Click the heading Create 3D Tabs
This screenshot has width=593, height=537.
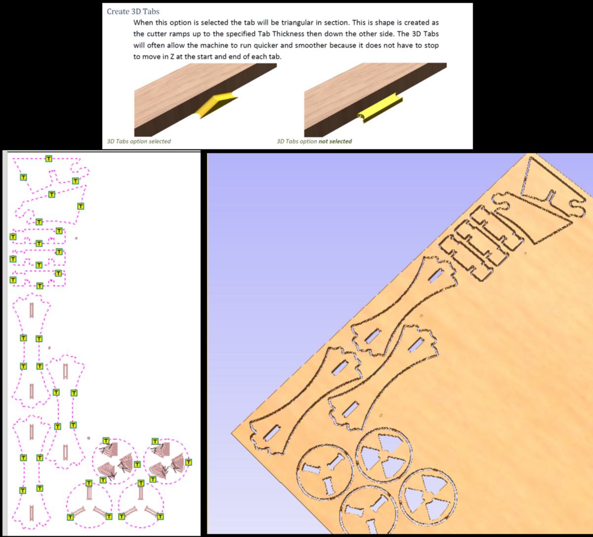pyautogui.click(x=133, y=11)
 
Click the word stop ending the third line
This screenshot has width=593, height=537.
pyautogui.click(x=431, y=45)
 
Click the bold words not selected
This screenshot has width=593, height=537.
pyautogui.click(x=335, y=141)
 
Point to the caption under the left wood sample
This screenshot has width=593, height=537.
pyautogui.click(x=139, y=141)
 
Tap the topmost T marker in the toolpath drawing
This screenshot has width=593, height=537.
pyautogui.click(x=49, y=159)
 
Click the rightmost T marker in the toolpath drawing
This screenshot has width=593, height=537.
pyautogui.click(x=189, y=462)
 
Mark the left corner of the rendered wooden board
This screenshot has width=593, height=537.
pyautogui.click(x=232, y=433)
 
